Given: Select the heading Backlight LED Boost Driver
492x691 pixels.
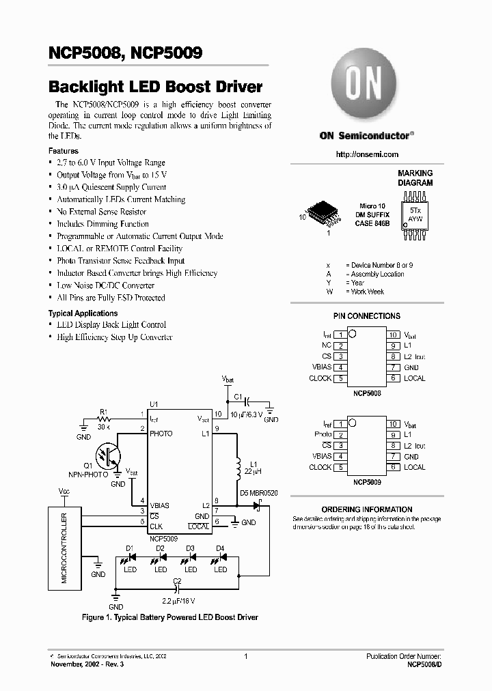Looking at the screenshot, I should click(155, 87).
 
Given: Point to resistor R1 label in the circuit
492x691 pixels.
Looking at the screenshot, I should click(104, 411).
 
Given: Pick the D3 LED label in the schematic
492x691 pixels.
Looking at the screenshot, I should click(191, 548).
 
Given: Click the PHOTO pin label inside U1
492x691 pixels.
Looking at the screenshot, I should click(161, 434).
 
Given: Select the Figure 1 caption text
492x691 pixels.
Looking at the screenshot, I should click(169, 617).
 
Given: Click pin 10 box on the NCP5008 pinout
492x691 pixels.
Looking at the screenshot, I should click(393, 335).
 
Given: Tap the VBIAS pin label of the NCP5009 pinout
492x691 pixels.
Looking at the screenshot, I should click(321, 456).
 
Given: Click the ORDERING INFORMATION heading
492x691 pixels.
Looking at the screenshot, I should click(366, 509).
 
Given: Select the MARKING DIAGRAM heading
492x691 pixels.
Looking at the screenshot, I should click(415, 178).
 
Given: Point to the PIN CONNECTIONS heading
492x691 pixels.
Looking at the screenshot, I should click(366, 316).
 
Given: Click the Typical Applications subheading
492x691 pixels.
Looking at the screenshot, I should click(83, 313).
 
